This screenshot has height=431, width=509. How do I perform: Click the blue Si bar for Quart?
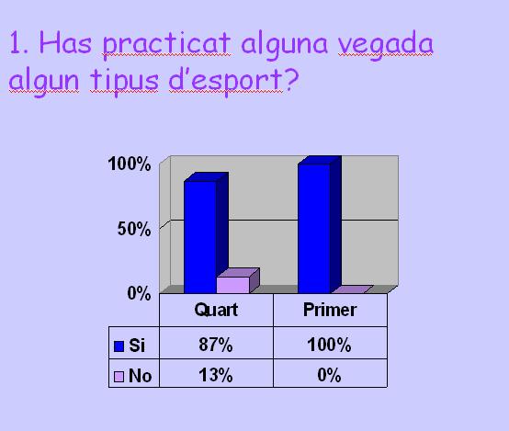pyautogui.click(x=206, y=233)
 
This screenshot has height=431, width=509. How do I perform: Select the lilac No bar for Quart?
pyautogui.click(x=237, y=281)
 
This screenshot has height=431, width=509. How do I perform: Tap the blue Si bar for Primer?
pyautogui.click(x=320, y=225)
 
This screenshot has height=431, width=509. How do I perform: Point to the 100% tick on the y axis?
pyautogui.click(x=130, y=164)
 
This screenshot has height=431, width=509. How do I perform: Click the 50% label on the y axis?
pyautogui.click(x=134, y=229)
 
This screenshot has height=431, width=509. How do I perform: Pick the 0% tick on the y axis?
pyautogui.click(x=139, y=293)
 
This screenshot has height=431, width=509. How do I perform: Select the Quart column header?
pyautogui.click(x=216, y=310)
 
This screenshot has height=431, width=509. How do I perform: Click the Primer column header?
pyautogui.click(x=330, y=310)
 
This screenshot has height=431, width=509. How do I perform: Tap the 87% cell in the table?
pyautogui.click(x=216, y=345)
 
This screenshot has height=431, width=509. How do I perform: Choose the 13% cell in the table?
pyautogui.click(x=216, y=375)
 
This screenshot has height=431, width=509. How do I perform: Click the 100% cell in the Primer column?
pyautogui.click(x=329, y=345)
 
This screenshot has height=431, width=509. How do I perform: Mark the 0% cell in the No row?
pyautogui.click(x=329, y=375)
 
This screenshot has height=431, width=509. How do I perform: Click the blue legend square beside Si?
pyautogui.click(x=119, y=346)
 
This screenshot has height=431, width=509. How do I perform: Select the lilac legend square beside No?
pyautogui.click(x=119, y=377)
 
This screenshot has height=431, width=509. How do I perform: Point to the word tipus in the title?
pyautogui.click(x=125, y=81)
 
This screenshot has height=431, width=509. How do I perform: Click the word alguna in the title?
pyautogui.click(x=284, y=45)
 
